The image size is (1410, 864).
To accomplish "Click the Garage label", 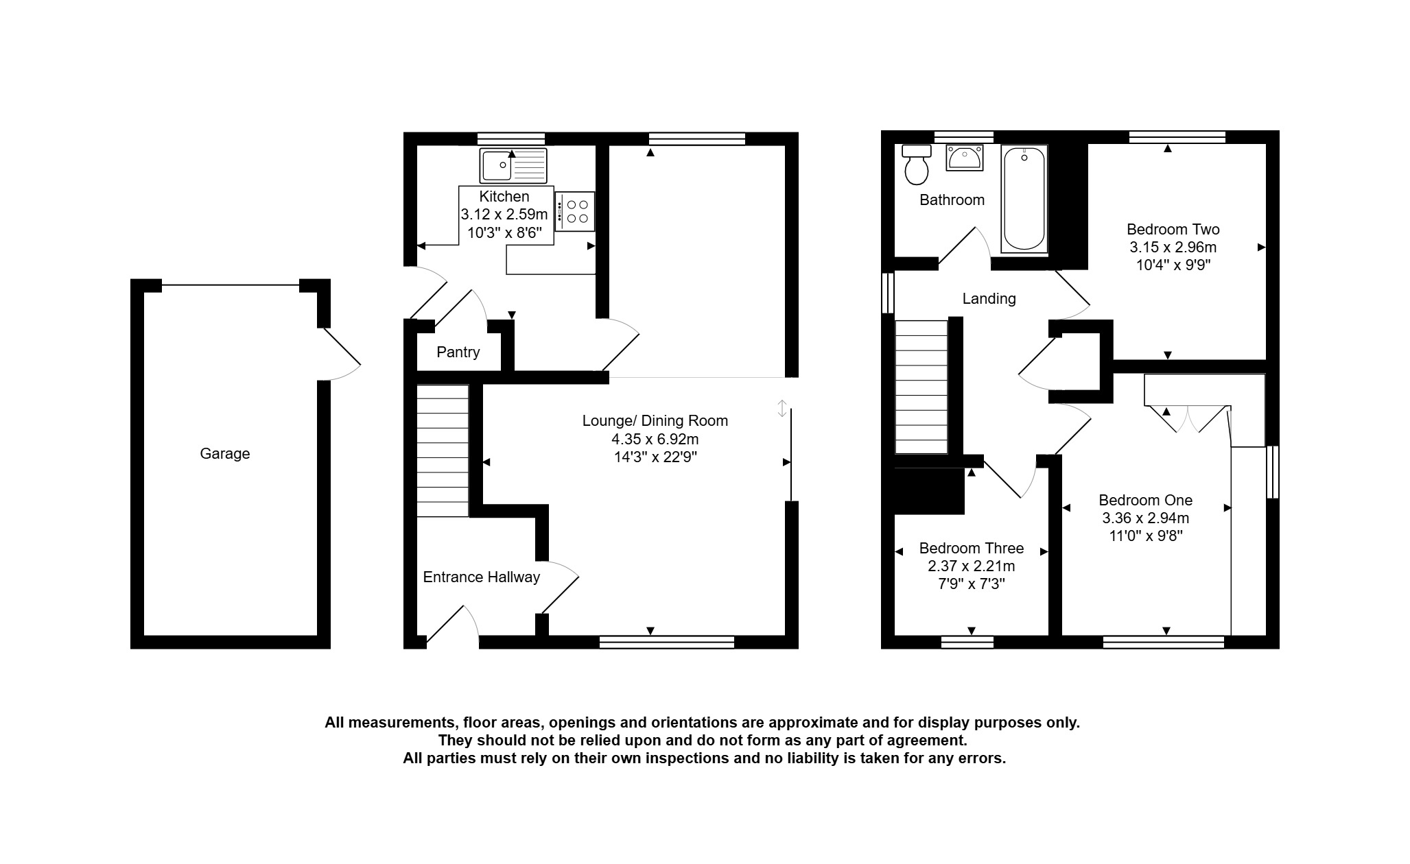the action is point(224,454).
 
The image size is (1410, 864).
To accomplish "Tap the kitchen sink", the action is point(513,165).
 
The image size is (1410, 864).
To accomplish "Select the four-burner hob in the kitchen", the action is point(575,211).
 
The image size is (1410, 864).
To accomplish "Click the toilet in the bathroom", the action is point(917,165).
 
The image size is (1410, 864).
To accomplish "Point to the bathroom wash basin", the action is point(965,158).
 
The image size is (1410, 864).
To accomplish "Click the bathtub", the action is point(1024,199).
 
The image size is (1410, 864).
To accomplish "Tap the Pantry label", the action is point(458,352).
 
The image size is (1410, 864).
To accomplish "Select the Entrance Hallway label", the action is point(482,577).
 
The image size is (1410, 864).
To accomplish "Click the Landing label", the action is point(989,299).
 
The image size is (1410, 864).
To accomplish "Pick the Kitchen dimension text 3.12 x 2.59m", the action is point(504,215).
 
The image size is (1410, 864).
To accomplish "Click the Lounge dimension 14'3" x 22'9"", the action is point(655,457).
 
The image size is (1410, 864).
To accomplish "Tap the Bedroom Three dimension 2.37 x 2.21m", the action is point(972,566).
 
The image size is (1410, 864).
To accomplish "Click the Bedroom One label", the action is point(1146,501).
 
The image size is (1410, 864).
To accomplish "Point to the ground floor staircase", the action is point(443,451).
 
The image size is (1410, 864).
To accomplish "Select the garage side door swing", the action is point(342,354).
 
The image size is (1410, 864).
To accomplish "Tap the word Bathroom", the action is point(952,200).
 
